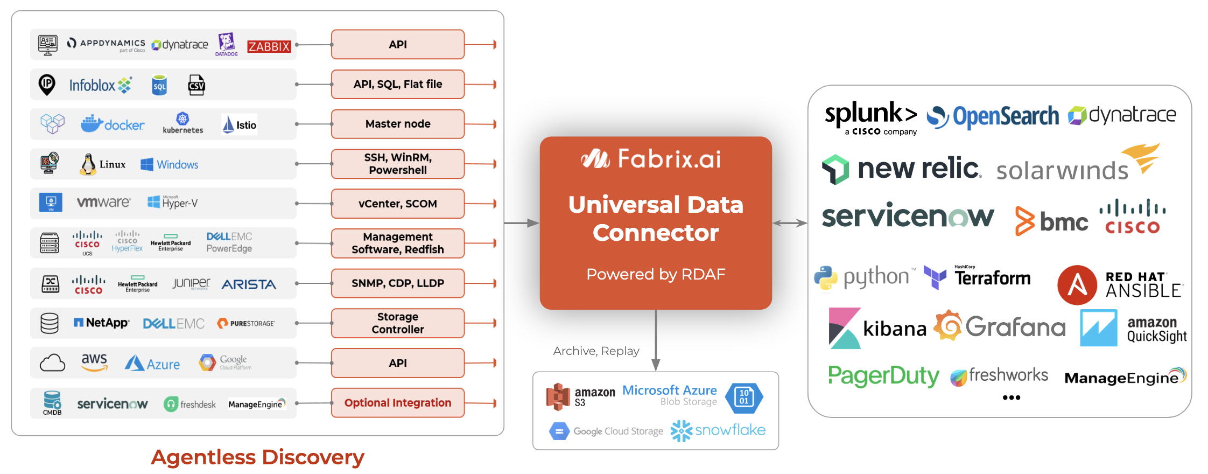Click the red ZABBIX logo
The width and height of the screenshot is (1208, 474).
click(x=269, y=46)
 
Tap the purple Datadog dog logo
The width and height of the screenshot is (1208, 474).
click(x=226, y=43)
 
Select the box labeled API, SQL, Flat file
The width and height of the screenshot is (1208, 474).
click(x=397, y=84)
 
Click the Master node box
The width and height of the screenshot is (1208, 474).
click(x=397, y=124)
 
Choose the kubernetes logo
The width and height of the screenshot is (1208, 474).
click(x=183, y=123)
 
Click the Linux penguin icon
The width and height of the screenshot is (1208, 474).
click(x=88, y=164)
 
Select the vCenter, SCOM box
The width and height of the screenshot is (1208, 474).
click(x=397, y=204)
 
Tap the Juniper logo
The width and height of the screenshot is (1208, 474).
click(x=191, y=283)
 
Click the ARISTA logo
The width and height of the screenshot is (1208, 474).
click(x=249, y=284)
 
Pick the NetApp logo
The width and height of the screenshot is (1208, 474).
click(x=101, y=323)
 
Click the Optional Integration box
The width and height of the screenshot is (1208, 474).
click(x=397, y=403)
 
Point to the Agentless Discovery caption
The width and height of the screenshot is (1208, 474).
click(x=257, y=457)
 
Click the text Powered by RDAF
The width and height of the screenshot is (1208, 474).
click(x=655, y=274)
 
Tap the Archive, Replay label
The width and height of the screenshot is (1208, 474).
click(x=596, y=351)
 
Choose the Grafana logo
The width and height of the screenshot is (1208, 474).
click(x=1000, y=326)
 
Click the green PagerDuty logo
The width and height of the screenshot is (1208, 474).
click(x=883, y=375)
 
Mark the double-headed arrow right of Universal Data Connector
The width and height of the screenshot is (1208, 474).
click(x=790, y=223)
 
